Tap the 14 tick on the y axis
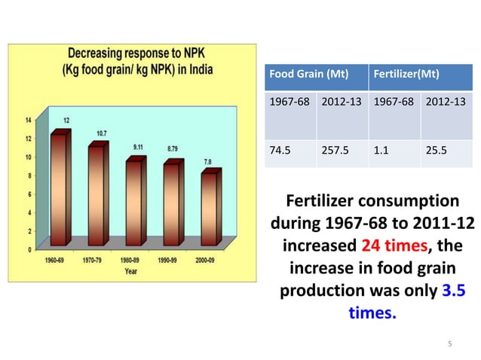point(28,121)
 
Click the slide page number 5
point(449,344)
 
